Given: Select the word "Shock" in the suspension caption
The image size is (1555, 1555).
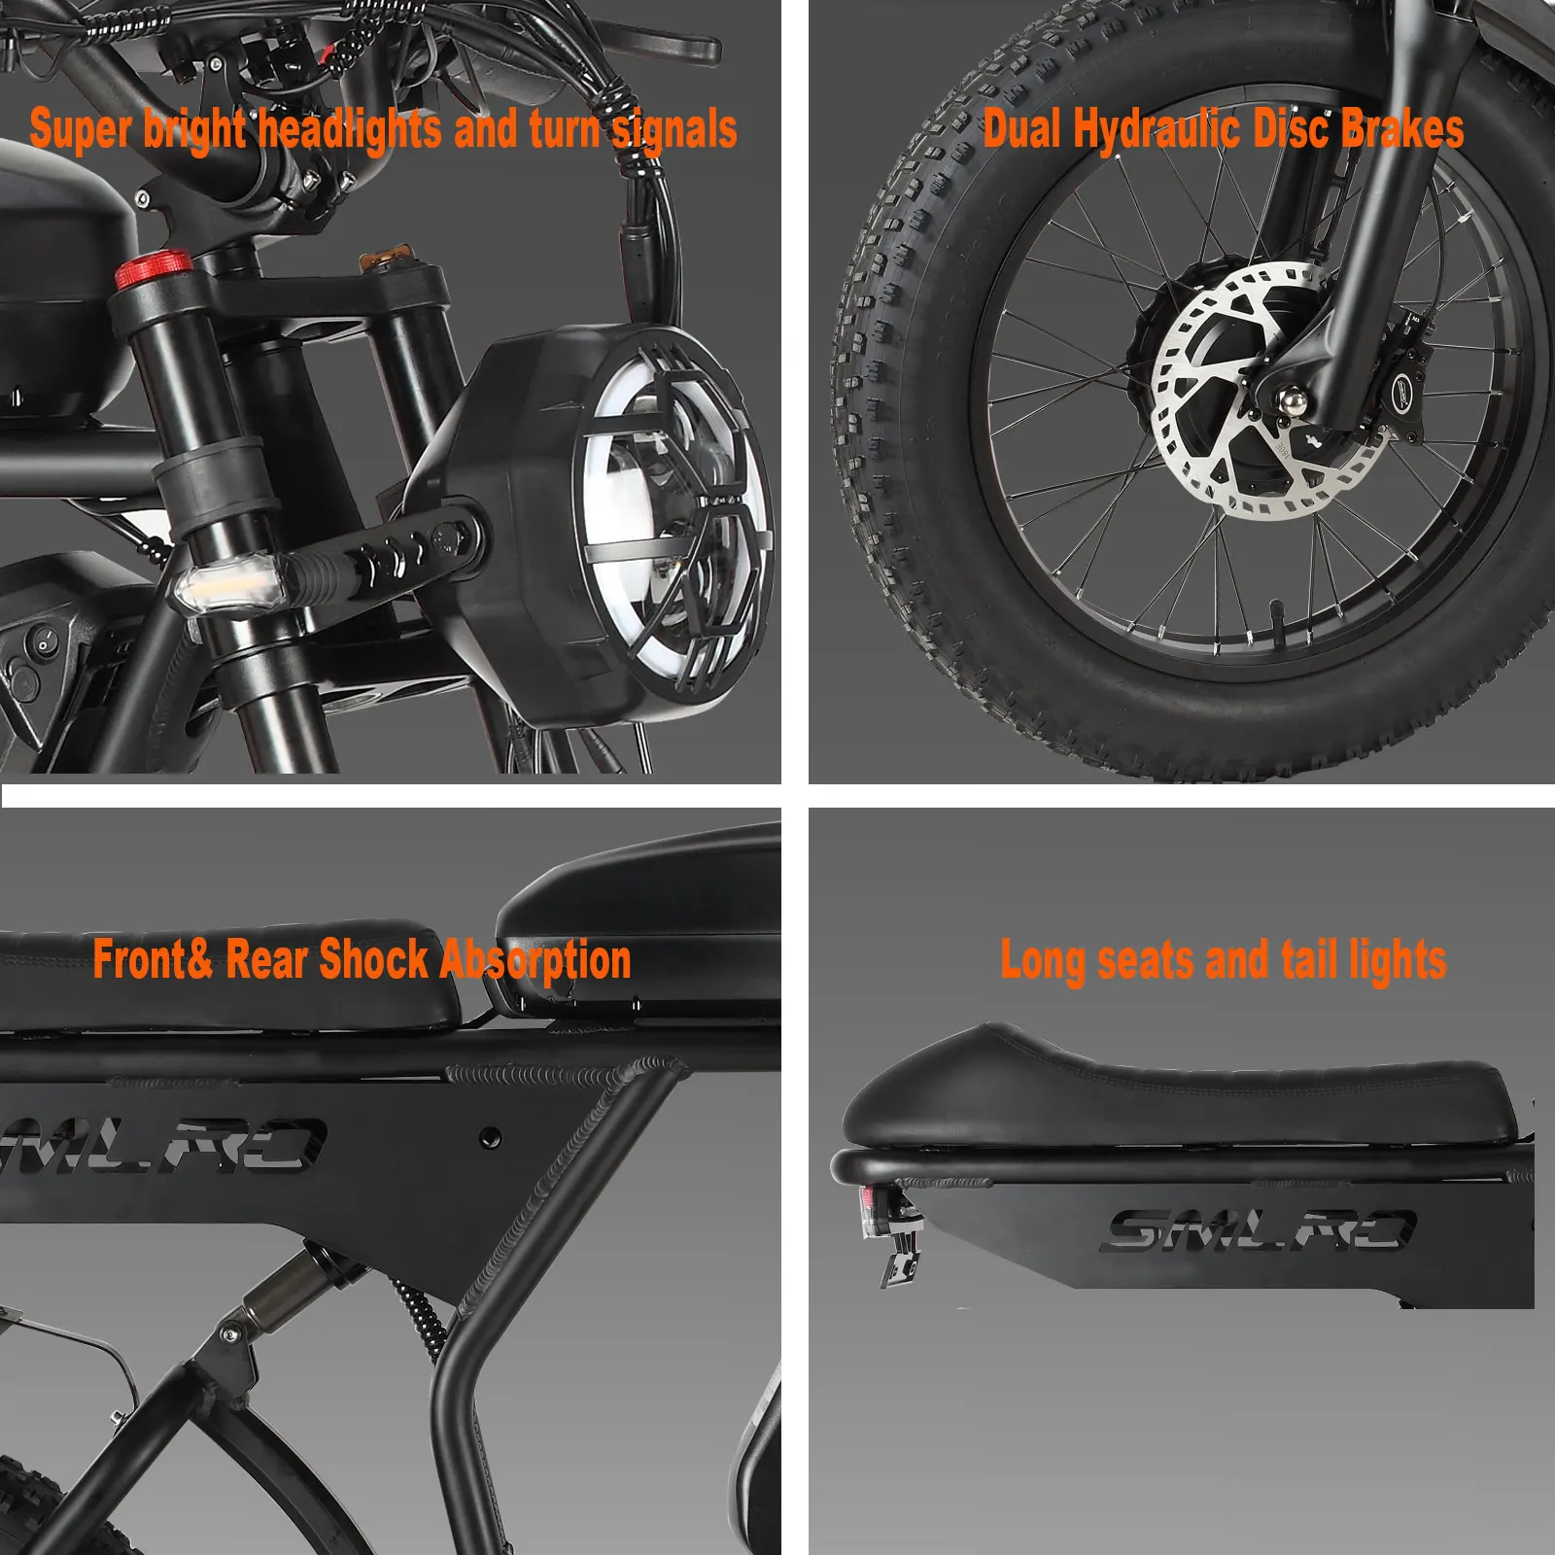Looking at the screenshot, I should point(374,960).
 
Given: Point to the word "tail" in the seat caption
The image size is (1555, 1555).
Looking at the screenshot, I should point(1307,960).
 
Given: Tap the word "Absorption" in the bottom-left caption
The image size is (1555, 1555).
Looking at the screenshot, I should point(536,960).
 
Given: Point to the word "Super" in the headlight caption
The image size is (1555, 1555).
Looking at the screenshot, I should point(80,130).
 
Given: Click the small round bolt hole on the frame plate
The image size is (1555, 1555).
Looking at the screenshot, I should point(491,1135).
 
